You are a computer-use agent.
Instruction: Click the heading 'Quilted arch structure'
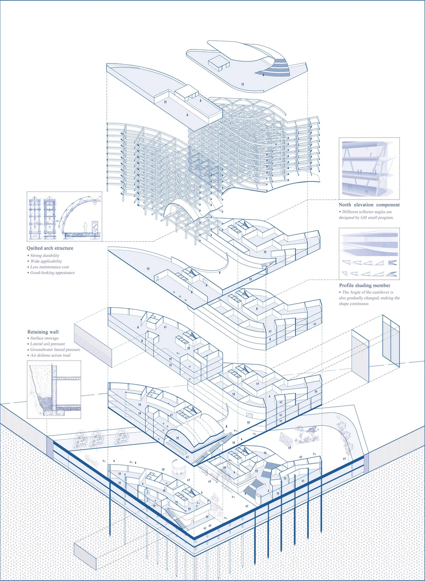[50, 248]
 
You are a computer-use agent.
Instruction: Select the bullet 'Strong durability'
[45, 255]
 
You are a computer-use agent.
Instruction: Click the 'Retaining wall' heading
[43, 332]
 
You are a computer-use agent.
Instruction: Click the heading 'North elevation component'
[369, 204]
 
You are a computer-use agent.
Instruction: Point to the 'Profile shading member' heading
[364, 285]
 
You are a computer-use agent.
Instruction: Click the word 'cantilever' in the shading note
[380, 292]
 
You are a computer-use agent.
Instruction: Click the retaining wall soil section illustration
[54, 389]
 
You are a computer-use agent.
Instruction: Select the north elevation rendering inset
[369, 169]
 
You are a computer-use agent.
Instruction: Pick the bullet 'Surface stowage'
[44, 338]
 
